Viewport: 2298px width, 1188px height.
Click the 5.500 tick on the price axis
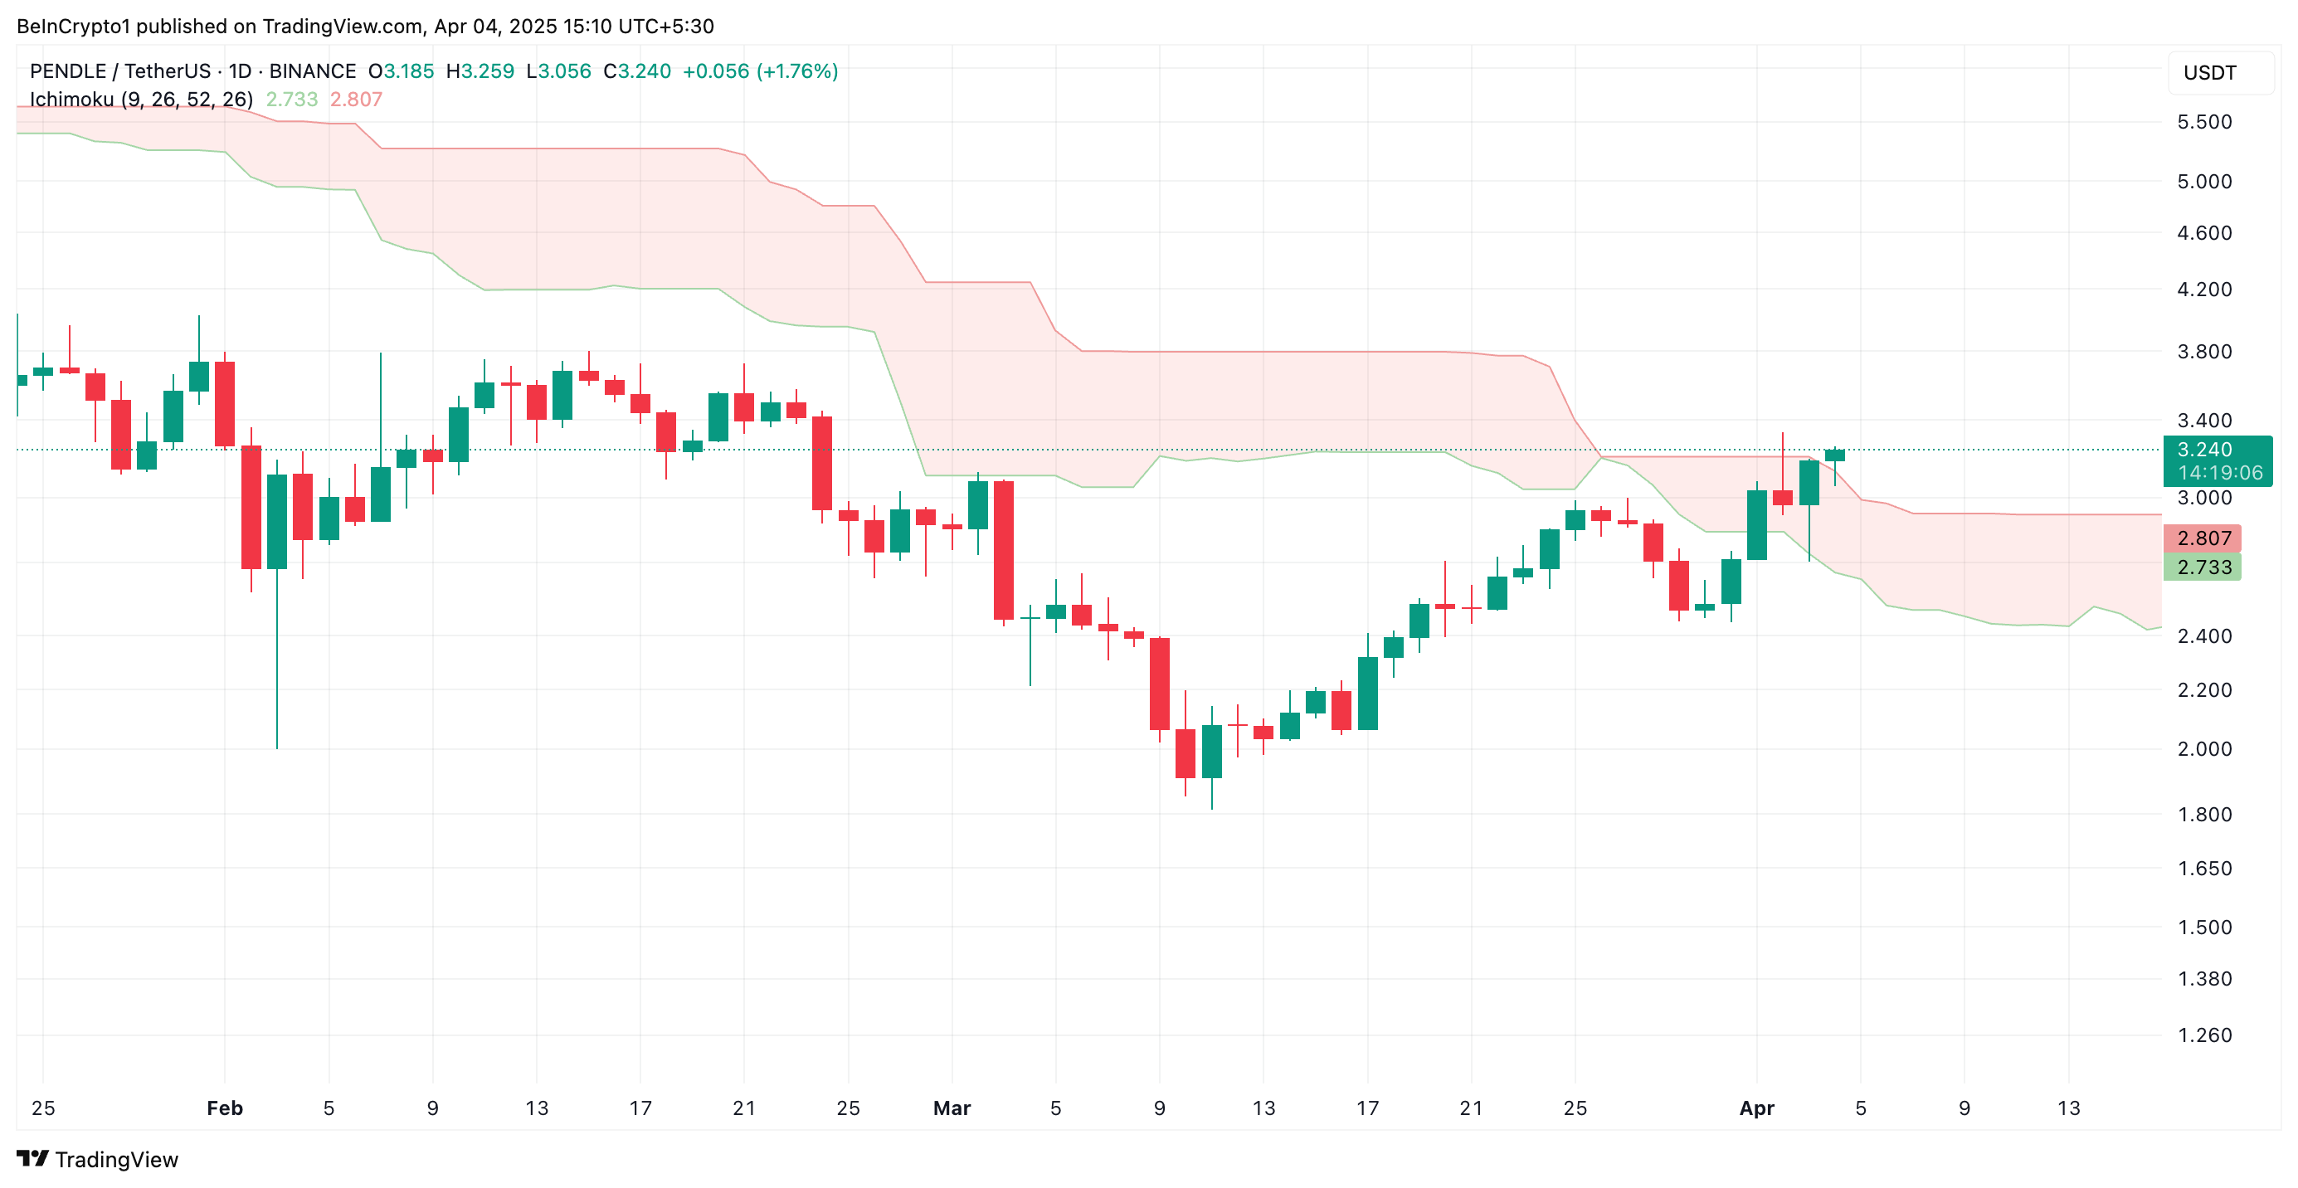[x=2203, y=122]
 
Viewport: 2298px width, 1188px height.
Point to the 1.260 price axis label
[x=2203, y=1035]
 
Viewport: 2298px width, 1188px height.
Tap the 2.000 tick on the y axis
[x=2203, y=749]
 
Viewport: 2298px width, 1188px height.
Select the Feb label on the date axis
[x=225, y=1108]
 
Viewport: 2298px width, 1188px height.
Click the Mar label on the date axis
[x=952, y=1108]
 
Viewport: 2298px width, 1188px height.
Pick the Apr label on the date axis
[x=1756, y=1108]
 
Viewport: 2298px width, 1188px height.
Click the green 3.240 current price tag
[x=2204, y=450]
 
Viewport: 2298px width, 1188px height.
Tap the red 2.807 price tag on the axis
[x=2203, y=538]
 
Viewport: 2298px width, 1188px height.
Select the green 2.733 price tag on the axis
[x=2203, y=567]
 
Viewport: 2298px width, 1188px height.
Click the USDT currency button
[x=2210, y=73]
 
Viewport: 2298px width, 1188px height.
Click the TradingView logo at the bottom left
[x=97, y=1160]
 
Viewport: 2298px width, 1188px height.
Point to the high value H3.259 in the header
[x=480, y=71]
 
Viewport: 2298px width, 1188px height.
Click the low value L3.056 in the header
[x=558, y=71]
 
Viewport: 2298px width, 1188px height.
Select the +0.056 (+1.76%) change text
[x=760, y=71]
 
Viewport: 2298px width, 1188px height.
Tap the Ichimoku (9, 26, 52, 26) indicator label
[x=141, y=100]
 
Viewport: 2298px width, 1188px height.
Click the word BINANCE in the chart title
[x=312, y=71]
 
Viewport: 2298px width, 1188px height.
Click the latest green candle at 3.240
[x=1834, y=455]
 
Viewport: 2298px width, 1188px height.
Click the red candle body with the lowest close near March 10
[x=1186, y=753]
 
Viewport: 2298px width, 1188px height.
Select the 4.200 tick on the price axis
[x=2203, y=290]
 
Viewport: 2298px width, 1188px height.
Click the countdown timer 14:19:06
[x=2219, y=474]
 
